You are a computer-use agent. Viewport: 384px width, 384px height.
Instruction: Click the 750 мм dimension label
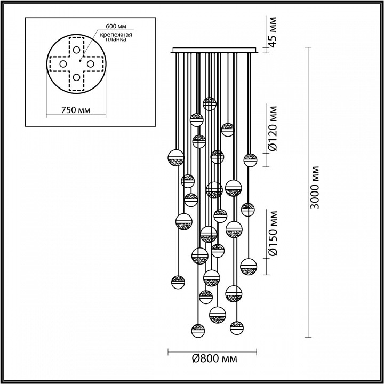click(76, 110)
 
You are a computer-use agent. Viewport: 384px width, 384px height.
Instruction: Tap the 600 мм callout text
click(116, 26)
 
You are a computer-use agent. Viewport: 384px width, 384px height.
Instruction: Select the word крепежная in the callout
click(116, 35)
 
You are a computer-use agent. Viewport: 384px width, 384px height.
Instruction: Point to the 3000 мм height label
click(315, 187)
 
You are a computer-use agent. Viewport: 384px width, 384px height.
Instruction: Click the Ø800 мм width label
click(214, 359)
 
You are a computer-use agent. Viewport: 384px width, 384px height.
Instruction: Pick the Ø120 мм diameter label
click(273, 129)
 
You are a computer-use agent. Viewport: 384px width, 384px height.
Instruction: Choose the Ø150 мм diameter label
click(273, 234)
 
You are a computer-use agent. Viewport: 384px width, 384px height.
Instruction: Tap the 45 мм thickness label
click(272, 32)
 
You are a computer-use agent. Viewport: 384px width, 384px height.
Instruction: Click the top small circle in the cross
click(76, 50)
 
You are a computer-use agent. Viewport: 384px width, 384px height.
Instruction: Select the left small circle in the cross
click(63, 64)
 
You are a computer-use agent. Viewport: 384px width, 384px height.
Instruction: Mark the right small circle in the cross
click(90, 64)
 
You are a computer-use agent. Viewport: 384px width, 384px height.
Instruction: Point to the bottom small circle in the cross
click(76, 77)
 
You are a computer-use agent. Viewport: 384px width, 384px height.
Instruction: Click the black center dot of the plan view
click(80, 60)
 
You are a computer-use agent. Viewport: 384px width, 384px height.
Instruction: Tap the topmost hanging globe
click(210, 104)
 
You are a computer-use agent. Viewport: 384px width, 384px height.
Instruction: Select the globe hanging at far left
click(176, 158)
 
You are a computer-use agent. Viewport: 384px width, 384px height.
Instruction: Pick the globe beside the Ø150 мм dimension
click(249, 267)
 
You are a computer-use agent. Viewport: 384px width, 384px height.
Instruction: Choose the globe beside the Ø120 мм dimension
click(250, 160)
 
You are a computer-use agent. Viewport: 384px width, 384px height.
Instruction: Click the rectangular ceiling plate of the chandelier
click(214, 50)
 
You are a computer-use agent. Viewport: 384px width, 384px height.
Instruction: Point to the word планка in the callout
click(116, 39)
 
